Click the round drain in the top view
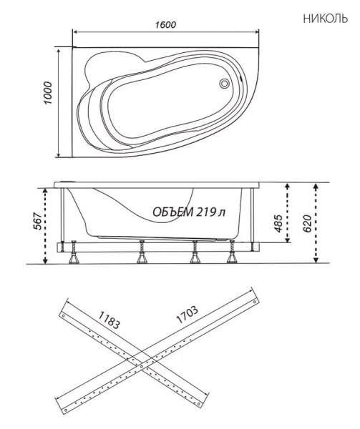coord(225,84)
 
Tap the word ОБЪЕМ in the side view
coord(171,212)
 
